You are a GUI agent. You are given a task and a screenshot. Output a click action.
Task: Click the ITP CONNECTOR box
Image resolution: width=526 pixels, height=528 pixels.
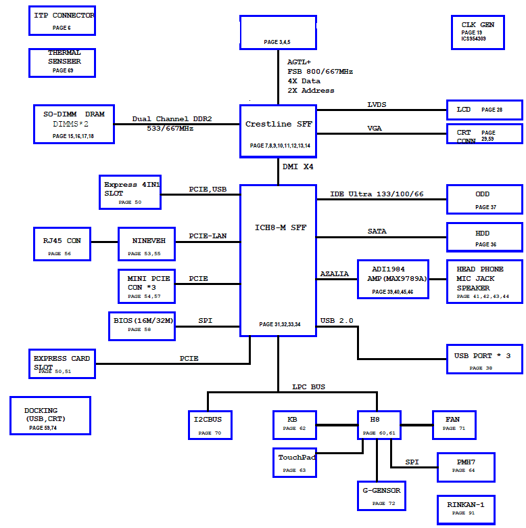click(x=62, y=20)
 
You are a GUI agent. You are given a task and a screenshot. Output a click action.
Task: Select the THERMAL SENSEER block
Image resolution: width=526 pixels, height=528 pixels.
click(x=64, y=62)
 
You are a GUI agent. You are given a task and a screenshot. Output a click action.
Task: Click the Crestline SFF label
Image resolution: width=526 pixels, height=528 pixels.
click(x=278, y=125)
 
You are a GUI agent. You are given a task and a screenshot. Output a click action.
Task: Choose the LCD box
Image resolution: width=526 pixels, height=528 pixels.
click(x=484, y=110)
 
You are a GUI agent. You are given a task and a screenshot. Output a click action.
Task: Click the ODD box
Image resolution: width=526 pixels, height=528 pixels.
click(x=484, y=200)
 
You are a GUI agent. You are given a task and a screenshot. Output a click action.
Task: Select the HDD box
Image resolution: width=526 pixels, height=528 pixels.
click(x=484, y=238)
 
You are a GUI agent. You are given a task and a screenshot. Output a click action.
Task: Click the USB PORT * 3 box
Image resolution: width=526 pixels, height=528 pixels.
click(x=484, y=359)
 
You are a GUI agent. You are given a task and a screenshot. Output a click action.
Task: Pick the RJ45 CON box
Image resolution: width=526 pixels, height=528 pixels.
click(x=63, y=244)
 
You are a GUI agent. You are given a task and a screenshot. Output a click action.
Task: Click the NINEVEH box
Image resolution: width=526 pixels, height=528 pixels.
click(x=146, y=244)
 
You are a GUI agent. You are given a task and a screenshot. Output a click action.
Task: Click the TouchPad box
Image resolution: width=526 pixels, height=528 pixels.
click(x=296, y=463)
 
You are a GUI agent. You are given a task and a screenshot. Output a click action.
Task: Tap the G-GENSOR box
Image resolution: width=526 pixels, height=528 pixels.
click(x=381, y=496)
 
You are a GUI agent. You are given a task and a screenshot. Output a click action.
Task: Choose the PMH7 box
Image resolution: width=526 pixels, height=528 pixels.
click(x=465, y=467)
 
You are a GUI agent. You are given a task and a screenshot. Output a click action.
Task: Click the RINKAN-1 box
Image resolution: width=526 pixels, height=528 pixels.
click(x=465, y=509)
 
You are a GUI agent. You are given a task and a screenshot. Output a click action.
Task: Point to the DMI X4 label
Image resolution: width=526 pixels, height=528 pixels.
click(x=297, y=167)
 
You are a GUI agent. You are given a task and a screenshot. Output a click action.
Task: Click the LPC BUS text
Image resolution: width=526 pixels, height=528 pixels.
click(x=308, y=387)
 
